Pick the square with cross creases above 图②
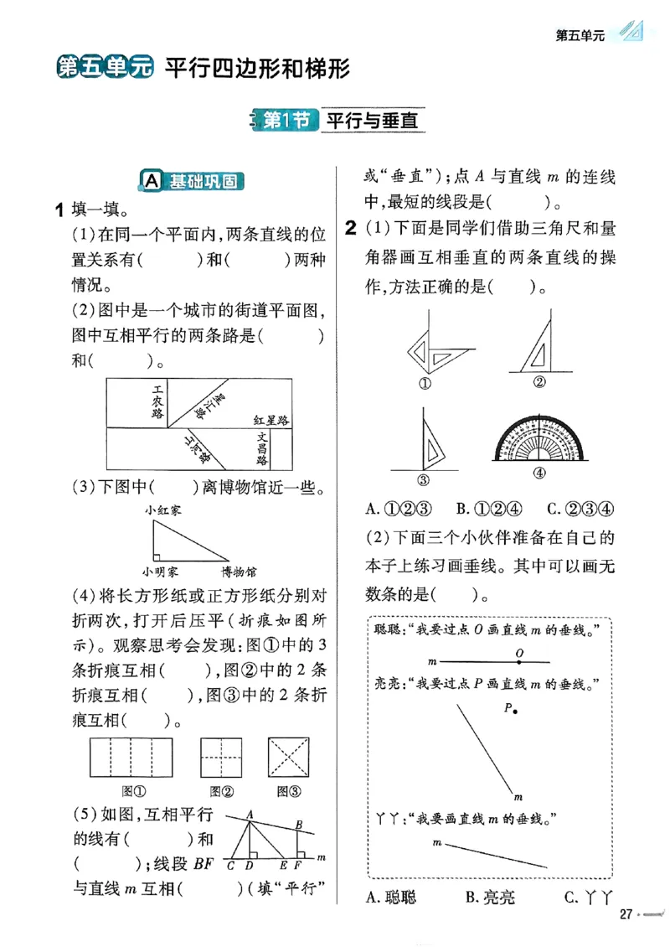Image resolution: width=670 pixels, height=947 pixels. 221,759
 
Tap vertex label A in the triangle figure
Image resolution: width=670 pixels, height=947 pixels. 250,814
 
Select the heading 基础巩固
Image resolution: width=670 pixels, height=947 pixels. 194,181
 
